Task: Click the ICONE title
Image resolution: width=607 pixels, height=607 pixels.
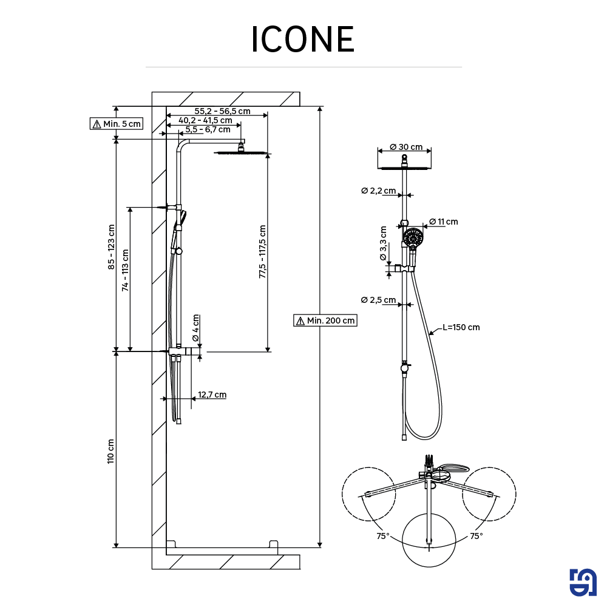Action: [x=303, y=40]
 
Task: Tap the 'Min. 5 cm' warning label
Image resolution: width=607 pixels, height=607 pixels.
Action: [x=116, y=124]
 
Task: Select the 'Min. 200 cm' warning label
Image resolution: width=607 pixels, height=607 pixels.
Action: [x=325, y=320]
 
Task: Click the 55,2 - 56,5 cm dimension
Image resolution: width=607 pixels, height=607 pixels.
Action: [x=222, y=111]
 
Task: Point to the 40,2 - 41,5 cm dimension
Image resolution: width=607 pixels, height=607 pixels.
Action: [x=205, y=120]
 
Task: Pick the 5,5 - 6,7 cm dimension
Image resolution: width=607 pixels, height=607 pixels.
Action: [x=208, y=129]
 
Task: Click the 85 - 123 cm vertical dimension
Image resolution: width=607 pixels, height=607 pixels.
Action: [x=111, y=246]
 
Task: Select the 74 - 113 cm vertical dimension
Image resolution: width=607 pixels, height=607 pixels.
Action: [x=125, y=270]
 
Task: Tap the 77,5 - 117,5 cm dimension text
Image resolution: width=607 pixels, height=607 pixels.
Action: [x=262, y=251]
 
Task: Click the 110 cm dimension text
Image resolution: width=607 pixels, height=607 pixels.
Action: [x=110, y=451]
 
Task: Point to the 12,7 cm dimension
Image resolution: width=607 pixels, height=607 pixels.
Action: [x=212, y=395]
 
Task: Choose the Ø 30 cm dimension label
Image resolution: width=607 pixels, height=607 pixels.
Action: [x=405, y=147]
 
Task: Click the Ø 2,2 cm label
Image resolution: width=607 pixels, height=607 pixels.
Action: [x=378, y=191]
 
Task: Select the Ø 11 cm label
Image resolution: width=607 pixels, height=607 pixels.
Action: [x=443, y=222]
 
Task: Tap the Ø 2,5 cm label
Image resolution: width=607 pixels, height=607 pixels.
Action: [x=378, y=300]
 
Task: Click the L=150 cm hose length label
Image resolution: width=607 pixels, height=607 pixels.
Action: [x=461, y=327]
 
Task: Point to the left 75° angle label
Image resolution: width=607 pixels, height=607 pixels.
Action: [x=383, y=536]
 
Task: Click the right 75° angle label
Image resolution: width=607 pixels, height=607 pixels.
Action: [x=476, y=536]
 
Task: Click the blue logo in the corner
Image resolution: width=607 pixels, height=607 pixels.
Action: [x=583, y=583]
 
